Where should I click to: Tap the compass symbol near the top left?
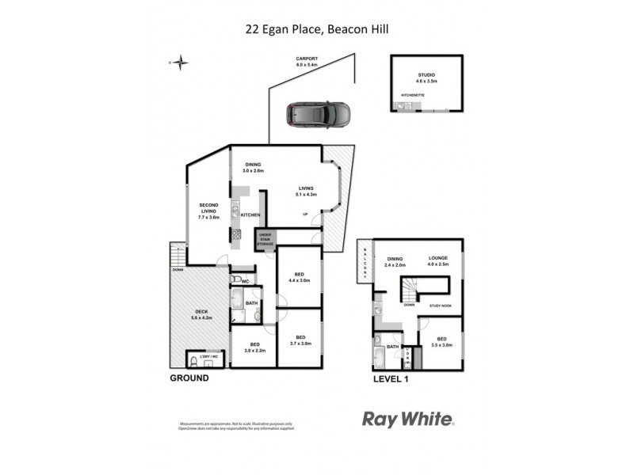[x=181, y=61]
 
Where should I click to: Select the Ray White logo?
[x=408, y=420]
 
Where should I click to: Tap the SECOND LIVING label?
[x=208, y=209]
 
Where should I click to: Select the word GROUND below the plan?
[x=189, y=378]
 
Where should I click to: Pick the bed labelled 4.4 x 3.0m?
[x=298, y=276]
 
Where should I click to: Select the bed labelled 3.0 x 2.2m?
[x=255, y=347]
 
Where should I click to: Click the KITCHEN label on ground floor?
[x=250, y=215]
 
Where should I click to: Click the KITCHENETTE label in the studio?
[x=413, y=96]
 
